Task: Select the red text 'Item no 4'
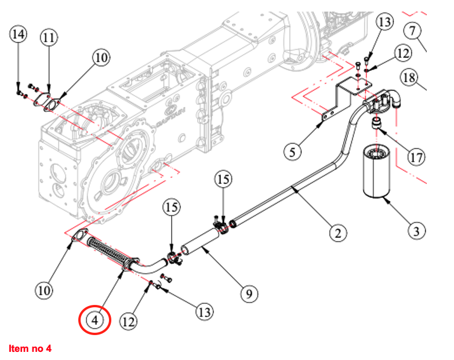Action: pos(30,348)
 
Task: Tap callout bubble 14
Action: pos(19,34)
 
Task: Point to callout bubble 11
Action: pos(49,38)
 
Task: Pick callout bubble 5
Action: pos(293,152)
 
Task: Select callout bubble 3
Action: pos(416,231)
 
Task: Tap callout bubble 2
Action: pos(338,233)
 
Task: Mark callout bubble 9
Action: pos(249,293)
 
